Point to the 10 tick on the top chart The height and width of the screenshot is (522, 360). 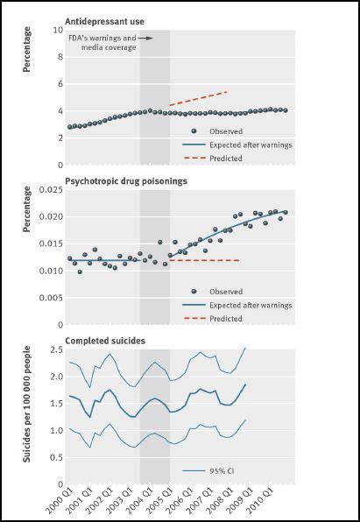[55, 30]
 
